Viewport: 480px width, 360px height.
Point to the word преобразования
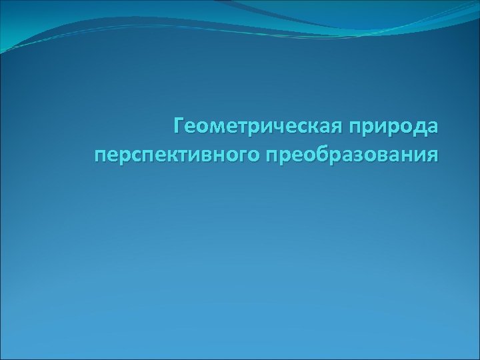(353, 155)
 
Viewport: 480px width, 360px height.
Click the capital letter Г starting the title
(179, 124)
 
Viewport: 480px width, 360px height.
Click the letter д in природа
(418, 126)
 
